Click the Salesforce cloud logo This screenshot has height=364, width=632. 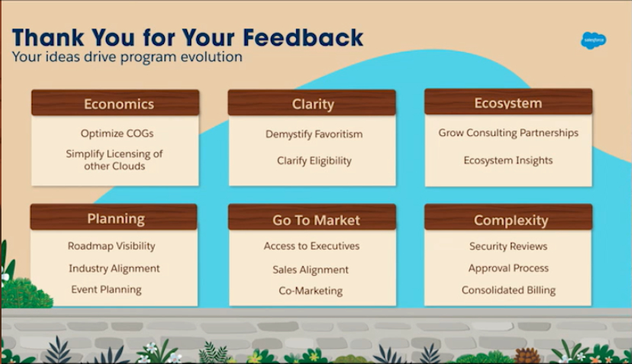(593, 40)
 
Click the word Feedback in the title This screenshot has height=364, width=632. (303, 38)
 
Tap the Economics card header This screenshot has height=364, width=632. (115, 103)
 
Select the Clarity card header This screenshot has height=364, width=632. (312, 103)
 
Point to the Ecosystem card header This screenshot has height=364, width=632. (509, 102)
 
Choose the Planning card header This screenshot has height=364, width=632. (114, 218)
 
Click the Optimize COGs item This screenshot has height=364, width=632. (117, 133)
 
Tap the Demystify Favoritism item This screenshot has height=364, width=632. (314, 135)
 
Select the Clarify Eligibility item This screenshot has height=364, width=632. (314, 161)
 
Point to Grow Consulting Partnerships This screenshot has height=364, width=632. (509, 133)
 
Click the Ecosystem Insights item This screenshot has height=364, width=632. (508, 160)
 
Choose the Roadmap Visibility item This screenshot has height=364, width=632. (111, 246)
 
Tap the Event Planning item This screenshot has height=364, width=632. (107, 290)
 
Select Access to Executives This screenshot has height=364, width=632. (312, 246)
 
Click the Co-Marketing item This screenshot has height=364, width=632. (311, 290)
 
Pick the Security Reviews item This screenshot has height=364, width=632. (509, 246)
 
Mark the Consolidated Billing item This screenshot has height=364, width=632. (509, 290)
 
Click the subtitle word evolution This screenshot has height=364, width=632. (211, 57)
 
